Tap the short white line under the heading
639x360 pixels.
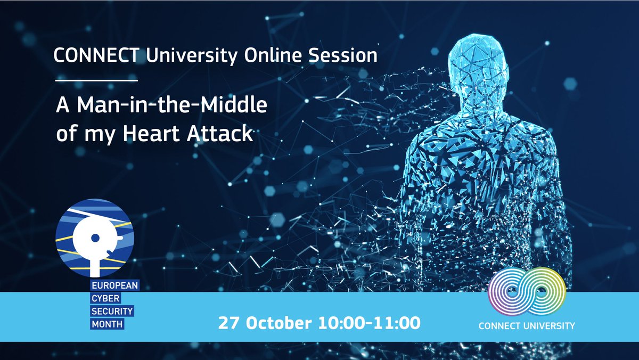coord(97,80)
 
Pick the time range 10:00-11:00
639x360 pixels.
coord(368,323)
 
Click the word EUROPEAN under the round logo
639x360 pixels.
coord(113,286)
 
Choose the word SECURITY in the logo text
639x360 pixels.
coord(110,310)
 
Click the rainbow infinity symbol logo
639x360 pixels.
coord(526,291)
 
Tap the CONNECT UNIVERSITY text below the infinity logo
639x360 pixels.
coord(527,325)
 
